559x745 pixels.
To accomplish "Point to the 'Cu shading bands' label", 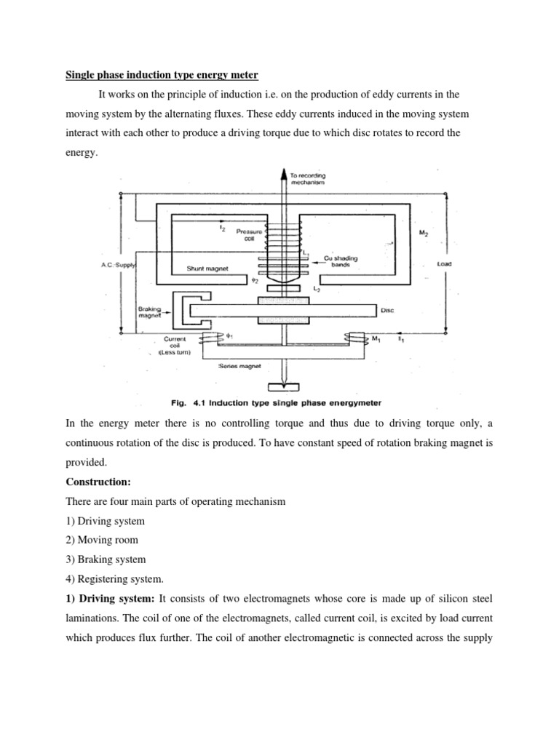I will click(341, 261).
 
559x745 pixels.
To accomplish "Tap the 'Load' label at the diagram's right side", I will click(445, 264).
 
